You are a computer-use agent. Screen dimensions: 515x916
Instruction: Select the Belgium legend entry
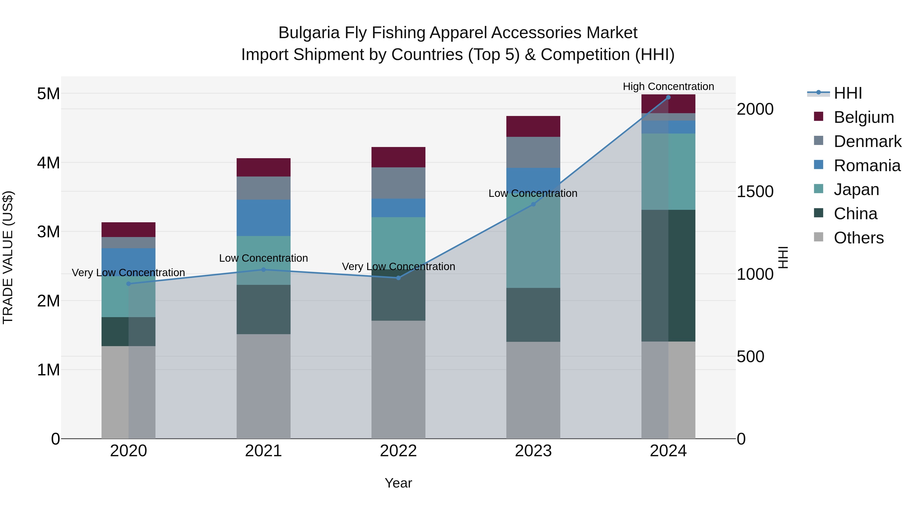pos(863,117)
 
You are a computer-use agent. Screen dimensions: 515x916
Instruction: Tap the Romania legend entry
pos(867,166)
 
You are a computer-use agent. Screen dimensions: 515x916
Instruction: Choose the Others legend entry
pos(858,238)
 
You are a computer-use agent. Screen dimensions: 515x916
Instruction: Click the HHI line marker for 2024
pos(668,97)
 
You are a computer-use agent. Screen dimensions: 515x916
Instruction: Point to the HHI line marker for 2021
pos(264,270)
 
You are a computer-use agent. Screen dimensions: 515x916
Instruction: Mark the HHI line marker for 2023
pos(533,204)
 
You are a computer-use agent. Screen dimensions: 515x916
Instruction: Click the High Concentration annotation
pos(668,86)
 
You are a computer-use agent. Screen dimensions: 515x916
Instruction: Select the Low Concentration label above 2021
pos(264,258)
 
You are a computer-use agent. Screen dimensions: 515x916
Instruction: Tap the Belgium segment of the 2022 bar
pos(398,157)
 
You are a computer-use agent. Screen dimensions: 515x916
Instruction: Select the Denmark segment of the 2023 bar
pos(533,152)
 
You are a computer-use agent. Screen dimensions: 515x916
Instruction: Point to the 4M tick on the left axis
pos(48,163)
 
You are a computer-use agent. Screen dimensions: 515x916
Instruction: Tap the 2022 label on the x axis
pos(398,451)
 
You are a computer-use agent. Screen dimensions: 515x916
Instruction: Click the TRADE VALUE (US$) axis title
pos(8,257)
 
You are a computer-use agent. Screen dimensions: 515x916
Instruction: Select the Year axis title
pos(398,483)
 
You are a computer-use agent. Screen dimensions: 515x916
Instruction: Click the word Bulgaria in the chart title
pos(309,33)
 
